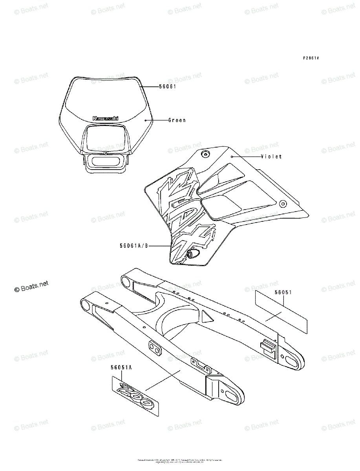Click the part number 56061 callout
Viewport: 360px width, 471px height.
click(x=168, y=86)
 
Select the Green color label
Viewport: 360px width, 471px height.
click(x=177, y=120)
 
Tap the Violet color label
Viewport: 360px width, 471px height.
click(x=271, y=157)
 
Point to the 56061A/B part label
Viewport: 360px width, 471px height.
click(x=134, y=246)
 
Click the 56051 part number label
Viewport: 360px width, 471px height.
click(x=282, y=293)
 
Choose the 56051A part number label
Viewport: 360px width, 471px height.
click(x=121, y=367)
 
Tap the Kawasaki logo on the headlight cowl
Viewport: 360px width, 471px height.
click(x=105, y=118)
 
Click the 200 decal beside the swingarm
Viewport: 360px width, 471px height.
click(x=135, y=396)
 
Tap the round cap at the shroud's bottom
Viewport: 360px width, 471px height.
click(x=192, y=254)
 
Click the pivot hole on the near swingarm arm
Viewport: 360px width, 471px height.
click(x=84, y=304)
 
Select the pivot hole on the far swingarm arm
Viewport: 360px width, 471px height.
click(x=126, y=281)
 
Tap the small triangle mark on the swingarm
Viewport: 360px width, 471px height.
click(x=206, y=316)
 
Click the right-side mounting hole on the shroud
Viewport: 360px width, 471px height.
click(x=282, y=203)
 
